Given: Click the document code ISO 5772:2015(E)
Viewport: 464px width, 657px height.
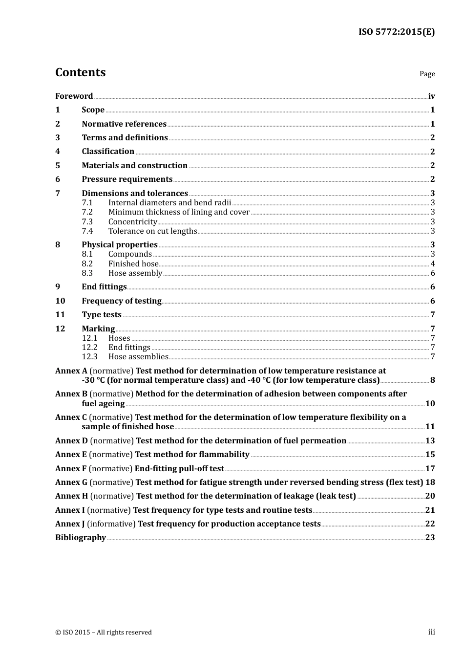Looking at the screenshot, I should point(396,32).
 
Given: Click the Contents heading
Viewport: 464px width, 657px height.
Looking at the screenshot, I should point(80,72).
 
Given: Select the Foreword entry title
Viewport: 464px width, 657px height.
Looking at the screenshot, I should point(74,96).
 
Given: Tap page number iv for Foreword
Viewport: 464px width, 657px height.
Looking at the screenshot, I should point(431,96).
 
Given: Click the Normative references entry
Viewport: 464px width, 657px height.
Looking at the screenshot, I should point(124,124).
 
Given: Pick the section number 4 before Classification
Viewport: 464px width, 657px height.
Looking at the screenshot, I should point(58,152).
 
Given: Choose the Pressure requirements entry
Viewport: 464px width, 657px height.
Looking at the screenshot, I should point(127,179).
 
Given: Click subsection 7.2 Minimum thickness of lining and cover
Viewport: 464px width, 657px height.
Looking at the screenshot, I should point(179,212).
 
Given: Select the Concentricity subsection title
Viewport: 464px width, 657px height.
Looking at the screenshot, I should point(132,222).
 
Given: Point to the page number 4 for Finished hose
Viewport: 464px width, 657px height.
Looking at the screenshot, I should point(433,264).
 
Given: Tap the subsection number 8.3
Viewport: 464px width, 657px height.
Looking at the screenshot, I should point(87,273).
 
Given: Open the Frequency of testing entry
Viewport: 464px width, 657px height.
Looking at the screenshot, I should point(122,301).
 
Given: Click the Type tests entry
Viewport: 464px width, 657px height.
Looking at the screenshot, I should point(102,315).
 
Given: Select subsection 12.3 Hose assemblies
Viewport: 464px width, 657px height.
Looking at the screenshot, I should point(138,357).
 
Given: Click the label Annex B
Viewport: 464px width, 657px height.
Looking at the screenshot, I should point(71,394).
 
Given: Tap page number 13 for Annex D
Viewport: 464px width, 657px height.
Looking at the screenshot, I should point(430,441).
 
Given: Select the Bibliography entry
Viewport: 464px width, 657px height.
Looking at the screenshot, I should point(81,538).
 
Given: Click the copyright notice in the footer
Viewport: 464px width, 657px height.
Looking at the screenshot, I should point(104,633).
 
